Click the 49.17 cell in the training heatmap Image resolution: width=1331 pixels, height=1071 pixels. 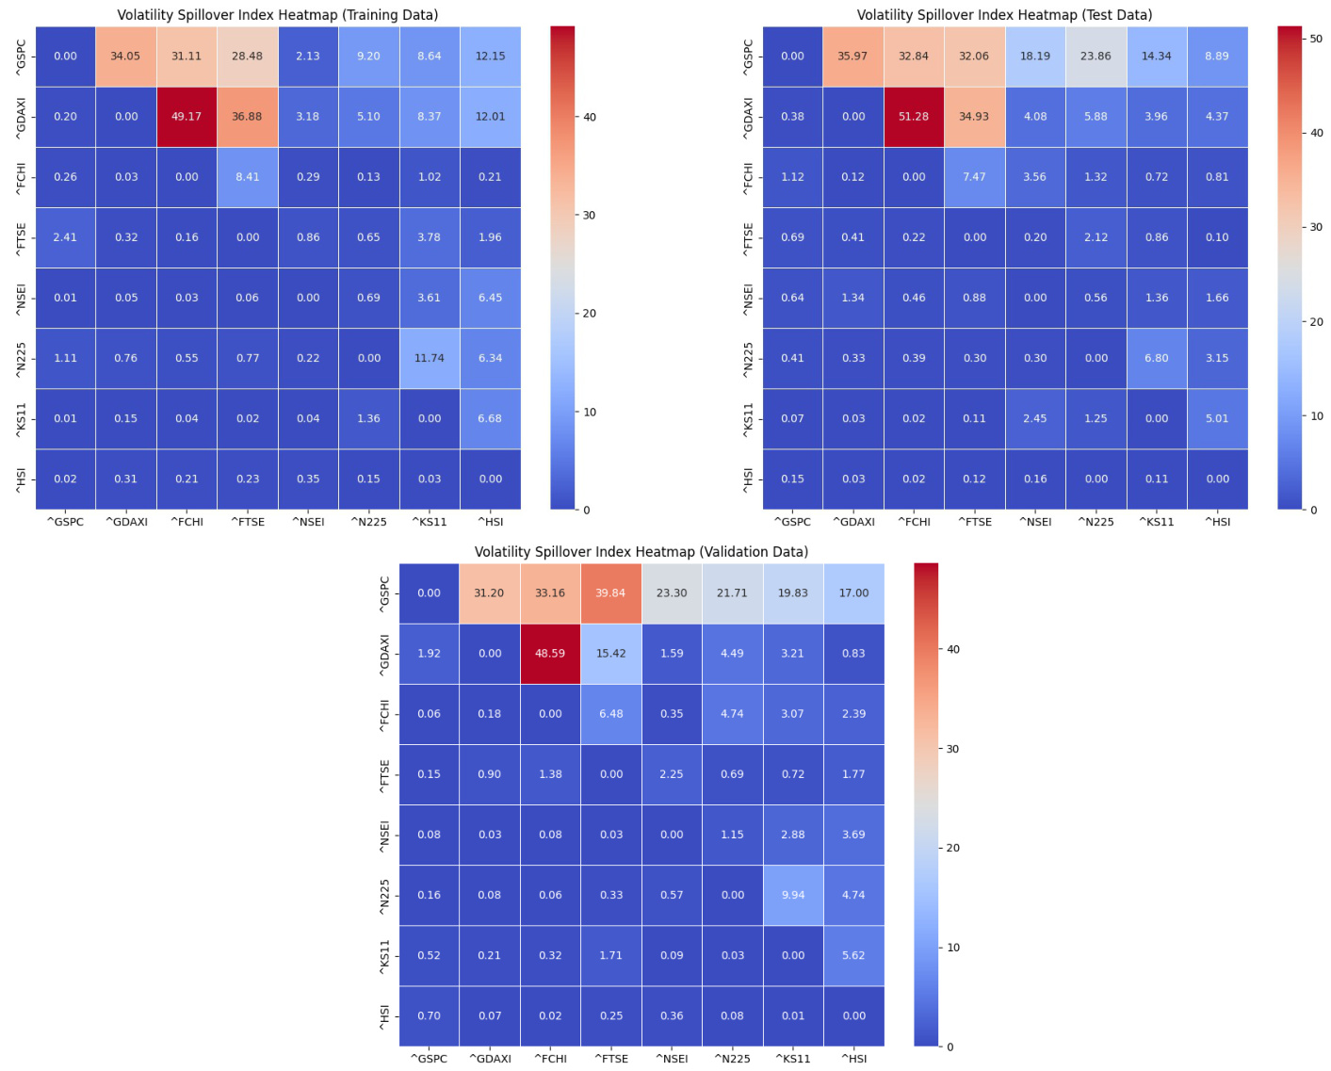coord(187,117)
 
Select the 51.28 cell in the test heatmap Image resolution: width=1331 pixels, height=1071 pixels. coord(914,117)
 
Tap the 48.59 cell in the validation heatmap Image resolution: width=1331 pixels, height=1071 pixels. coord(550,654)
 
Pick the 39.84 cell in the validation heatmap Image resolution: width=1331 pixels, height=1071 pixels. coord(610,593)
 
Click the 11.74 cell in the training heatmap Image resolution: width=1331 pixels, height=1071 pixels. coord(429,358)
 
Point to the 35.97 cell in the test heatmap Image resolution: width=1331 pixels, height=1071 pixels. coord(852,57)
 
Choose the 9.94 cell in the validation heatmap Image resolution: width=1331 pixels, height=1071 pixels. coord(793,895)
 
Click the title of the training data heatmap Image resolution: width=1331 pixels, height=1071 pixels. coord(277,15)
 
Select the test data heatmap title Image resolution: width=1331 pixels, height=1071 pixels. coord(1004,15)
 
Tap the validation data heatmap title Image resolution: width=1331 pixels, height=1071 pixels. coord(641,552)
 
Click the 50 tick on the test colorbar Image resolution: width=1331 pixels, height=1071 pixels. coord(1316,39)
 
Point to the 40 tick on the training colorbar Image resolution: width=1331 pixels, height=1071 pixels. coord(590,117)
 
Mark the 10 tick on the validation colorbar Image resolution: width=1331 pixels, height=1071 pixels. coord(953,948)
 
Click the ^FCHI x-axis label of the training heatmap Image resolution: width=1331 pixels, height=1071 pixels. coord(187,522)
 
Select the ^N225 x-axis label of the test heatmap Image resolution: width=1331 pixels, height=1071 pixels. coord(1096,522)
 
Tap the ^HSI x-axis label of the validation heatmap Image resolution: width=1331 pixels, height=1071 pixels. coord(853,1059)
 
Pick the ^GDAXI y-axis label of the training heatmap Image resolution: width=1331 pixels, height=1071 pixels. coord(21,117)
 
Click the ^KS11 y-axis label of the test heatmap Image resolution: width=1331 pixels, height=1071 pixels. coord(748,418)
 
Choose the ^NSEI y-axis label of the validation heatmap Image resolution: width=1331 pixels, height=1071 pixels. coord(384,835)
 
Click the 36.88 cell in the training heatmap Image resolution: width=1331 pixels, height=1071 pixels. coord(247,117)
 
